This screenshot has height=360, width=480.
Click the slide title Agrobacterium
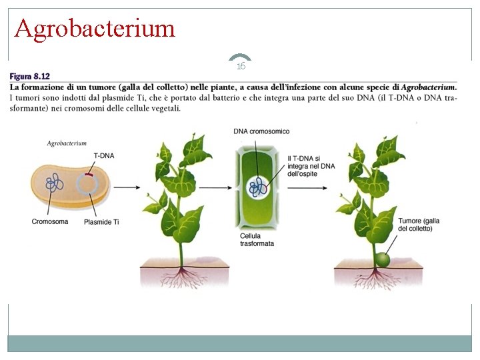(x=95, y=28)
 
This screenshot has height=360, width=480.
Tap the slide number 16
(x=241, y=66)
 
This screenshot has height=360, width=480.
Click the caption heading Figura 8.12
(x=30, y=77)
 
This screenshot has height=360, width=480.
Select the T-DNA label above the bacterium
(x=103, y=155)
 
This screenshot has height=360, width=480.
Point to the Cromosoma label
(x=50, y=221)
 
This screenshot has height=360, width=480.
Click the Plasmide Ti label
(x=102, y=221)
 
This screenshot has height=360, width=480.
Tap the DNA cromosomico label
(x=261, y=131)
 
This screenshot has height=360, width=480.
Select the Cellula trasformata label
(x=257, y=239)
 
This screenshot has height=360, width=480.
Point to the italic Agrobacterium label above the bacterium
(x=67, y=143)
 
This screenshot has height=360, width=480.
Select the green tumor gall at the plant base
(x=381, y=259)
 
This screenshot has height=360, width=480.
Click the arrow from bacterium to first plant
(x=127, y=187)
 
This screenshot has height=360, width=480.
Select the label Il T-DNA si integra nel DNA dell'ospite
(x=311, y=165)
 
